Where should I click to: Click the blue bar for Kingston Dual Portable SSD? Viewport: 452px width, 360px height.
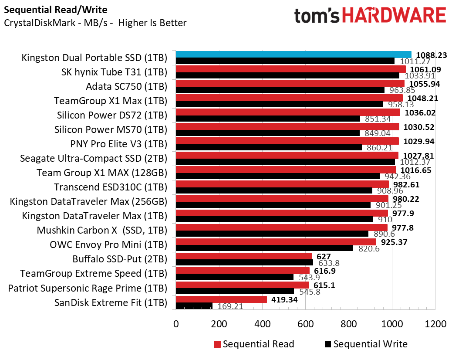tap(293, 54)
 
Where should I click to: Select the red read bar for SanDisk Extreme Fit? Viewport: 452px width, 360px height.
tap(221, 299)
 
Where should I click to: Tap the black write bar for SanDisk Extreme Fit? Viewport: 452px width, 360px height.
tap(194, 306)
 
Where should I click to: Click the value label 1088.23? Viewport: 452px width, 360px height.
tap(432, 55)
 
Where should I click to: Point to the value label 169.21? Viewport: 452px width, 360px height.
tap(230, 306)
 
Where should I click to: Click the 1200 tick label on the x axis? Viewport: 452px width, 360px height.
tap(435, 324)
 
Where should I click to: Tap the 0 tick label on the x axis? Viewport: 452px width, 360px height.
tap(176, 324)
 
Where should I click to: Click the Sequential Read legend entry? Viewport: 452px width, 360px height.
tap(254, 344)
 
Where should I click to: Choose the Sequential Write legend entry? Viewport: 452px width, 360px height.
tap(366, 344)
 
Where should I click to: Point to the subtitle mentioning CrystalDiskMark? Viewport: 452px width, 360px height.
tap(95, 23)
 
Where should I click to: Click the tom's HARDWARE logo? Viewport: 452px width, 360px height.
tap(370, 16)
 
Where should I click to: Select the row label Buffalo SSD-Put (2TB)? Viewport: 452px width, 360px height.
tap(120, 259)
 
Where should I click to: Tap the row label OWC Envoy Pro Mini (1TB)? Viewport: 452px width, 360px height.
tap(108, 245)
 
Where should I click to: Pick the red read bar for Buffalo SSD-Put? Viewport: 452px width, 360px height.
tap(244, 256)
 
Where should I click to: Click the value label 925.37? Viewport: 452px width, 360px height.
tap(394, 242)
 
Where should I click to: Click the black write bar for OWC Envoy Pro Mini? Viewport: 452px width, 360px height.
tap(264, 248)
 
